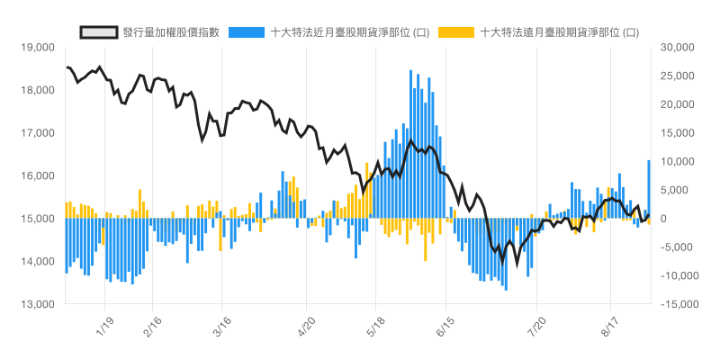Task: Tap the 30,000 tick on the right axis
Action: click(x=678, y=47)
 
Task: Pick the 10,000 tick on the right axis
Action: click(x=678, y=161)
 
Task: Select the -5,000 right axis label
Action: click(x=679, y=247)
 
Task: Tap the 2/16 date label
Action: click(x=150, y=325)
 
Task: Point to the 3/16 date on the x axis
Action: click(x=221, y=325)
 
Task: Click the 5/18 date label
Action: click(x=376, y=325)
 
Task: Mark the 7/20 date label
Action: click(x=536, y=325)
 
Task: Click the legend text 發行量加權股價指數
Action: click(x=171, y=32)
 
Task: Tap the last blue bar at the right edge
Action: click(x=649, y=189)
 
